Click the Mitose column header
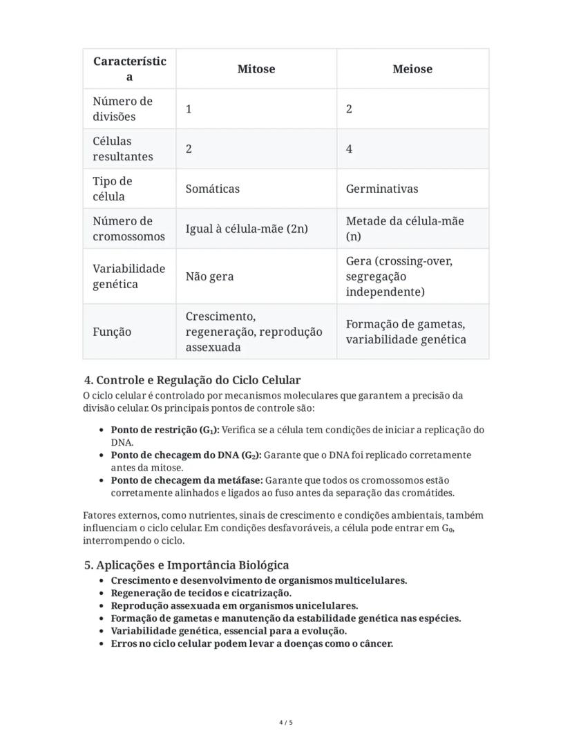pyautogui.click(x=256, y=69)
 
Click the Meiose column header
pyautogui.click(x=412, y=69)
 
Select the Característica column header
pyautogui.click(x=129, y=69)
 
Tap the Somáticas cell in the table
pyautogui.click(x=212, y=189)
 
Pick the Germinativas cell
pyautogui.click(x=381, y=189)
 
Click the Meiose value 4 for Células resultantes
pyautogui.click(x=350, y=149)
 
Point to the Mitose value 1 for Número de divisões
pyautogui.click(x=189, y=109)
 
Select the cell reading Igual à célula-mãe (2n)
pyautogui.click(x=247, y=229)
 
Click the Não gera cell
pyautogui.click(x=209, y=276)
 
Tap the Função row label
pyautogui.click(x=112, y=332)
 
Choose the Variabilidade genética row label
pyautogui.click(x=128, y=276)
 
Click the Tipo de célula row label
pyautogui.click(x=112, y=189)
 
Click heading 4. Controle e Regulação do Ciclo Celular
pyautogui.click(x=192, y=381)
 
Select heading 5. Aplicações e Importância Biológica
pyautogui.click(x=187, y=565)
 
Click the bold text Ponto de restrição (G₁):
pyautogui.click(x=164, y=430)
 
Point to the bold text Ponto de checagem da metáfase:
pyautogui.click(x=187, y=480)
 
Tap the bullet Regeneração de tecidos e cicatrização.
pyautogui.click(x=201, y=593)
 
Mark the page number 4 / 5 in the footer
pyautogui.click(x=286, y=723)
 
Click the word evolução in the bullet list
pyautogui.click(x=323, y=631)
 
